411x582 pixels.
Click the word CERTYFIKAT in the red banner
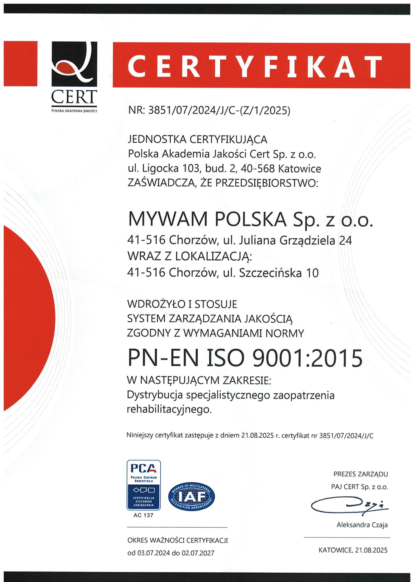[255, 66]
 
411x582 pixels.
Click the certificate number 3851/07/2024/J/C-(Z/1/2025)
[219, 111]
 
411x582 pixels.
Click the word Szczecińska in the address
[270, 273]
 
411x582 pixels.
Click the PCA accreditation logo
[143, 485]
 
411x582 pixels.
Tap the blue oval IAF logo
[191, 497]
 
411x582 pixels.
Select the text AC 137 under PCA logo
[143, 515]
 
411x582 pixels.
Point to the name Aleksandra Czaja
[362, 525]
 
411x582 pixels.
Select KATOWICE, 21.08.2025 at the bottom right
[353, 550]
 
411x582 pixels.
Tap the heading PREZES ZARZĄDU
[360, 474]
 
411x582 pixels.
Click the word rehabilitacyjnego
[169, 409]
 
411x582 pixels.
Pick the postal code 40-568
[258, 169]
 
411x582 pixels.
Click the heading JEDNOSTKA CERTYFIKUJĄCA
[197, 139]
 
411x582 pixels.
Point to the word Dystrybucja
[155, 395]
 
